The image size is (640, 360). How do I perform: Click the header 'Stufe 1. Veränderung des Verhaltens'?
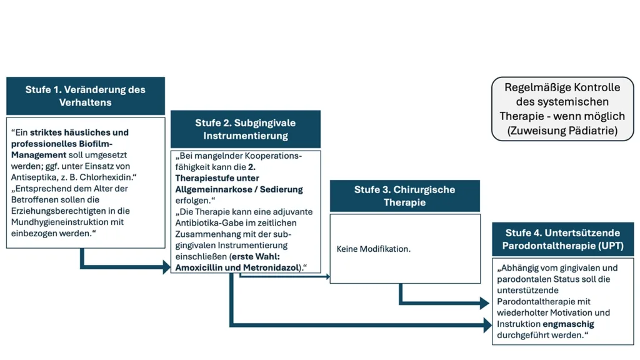[x=85, y=96]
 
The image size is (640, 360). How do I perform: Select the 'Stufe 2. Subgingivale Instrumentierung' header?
[x=245, y=129]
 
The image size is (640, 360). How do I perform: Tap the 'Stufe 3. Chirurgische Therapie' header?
[x=404, y=196]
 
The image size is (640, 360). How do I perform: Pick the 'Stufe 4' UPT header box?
[x=562, y=239]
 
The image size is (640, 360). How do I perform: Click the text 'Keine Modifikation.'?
[x=373, y=249]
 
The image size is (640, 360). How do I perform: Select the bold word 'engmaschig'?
[x=568, y=324]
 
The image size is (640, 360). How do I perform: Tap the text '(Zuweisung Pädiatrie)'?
[x=562, y=131]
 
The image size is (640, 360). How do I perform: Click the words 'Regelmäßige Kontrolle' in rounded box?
[x=562, y=87]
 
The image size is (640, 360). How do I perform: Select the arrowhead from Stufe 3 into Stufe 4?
[x=484, y=304]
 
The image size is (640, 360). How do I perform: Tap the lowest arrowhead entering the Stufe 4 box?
[x=487, y=324]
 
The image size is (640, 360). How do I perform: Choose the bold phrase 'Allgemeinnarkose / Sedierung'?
[x=239, y=189]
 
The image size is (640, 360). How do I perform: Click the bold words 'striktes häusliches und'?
[x=79, y=132]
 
